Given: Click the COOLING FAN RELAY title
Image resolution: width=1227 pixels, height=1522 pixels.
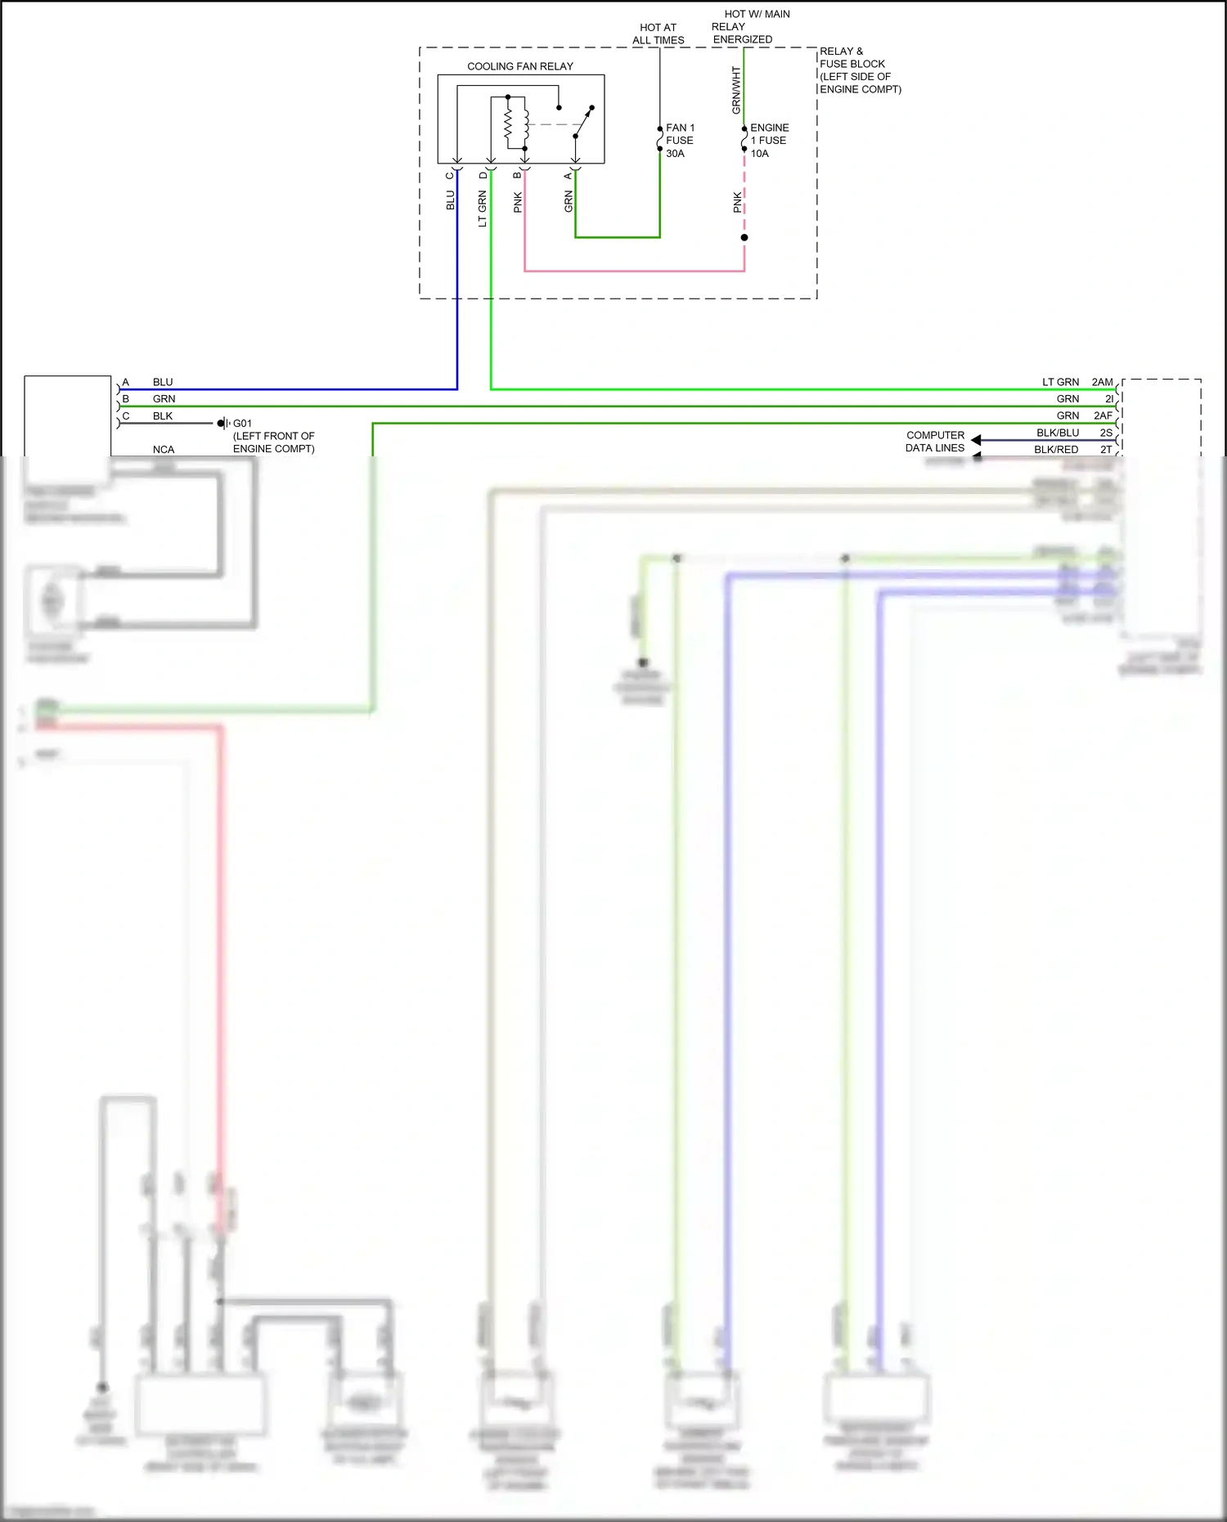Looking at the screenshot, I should click(520, 66).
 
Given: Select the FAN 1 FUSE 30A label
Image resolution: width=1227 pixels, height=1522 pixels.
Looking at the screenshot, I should click(680, 141).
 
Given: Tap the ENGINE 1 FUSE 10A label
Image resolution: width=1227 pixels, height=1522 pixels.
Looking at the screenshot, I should click(769, 141).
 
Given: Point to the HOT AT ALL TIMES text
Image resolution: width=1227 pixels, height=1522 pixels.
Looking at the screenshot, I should click(658, 34).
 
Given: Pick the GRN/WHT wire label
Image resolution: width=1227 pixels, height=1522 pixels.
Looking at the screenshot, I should click(735, 90).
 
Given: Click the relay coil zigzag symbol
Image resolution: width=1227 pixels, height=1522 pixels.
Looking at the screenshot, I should click(508, 124).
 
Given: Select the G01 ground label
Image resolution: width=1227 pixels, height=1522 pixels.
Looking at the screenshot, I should click(242, 424).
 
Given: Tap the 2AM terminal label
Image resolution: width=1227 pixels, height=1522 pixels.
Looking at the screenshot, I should click(1102, 382).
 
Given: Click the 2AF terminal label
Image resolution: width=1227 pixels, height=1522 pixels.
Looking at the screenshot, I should click(1103, 415).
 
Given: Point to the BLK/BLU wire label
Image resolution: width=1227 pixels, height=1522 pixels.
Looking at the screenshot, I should click(1057, 433).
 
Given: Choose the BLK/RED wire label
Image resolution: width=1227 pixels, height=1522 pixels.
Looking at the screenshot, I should click(1055, 449).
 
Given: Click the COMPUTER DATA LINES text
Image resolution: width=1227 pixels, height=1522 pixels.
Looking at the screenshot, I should click(935, 442).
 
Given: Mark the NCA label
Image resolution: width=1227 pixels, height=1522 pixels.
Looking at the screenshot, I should click(164, 449).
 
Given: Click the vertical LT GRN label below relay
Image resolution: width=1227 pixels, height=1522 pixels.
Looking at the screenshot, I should click(482, 209).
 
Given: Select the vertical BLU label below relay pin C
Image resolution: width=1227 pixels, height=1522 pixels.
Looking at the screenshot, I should click(450, 200).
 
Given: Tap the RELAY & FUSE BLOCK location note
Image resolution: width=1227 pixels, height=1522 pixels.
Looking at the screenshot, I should click(860, 70).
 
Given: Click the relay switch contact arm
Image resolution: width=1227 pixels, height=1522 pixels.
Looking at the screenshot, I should click(583, 122).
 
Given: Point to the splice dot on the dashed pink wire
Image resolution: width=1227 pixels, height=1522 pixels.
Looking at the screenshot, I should click(744, 238).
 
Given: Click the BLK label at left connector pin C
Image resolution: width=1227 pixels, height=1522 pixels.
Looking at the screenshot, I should click(163, 415).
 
